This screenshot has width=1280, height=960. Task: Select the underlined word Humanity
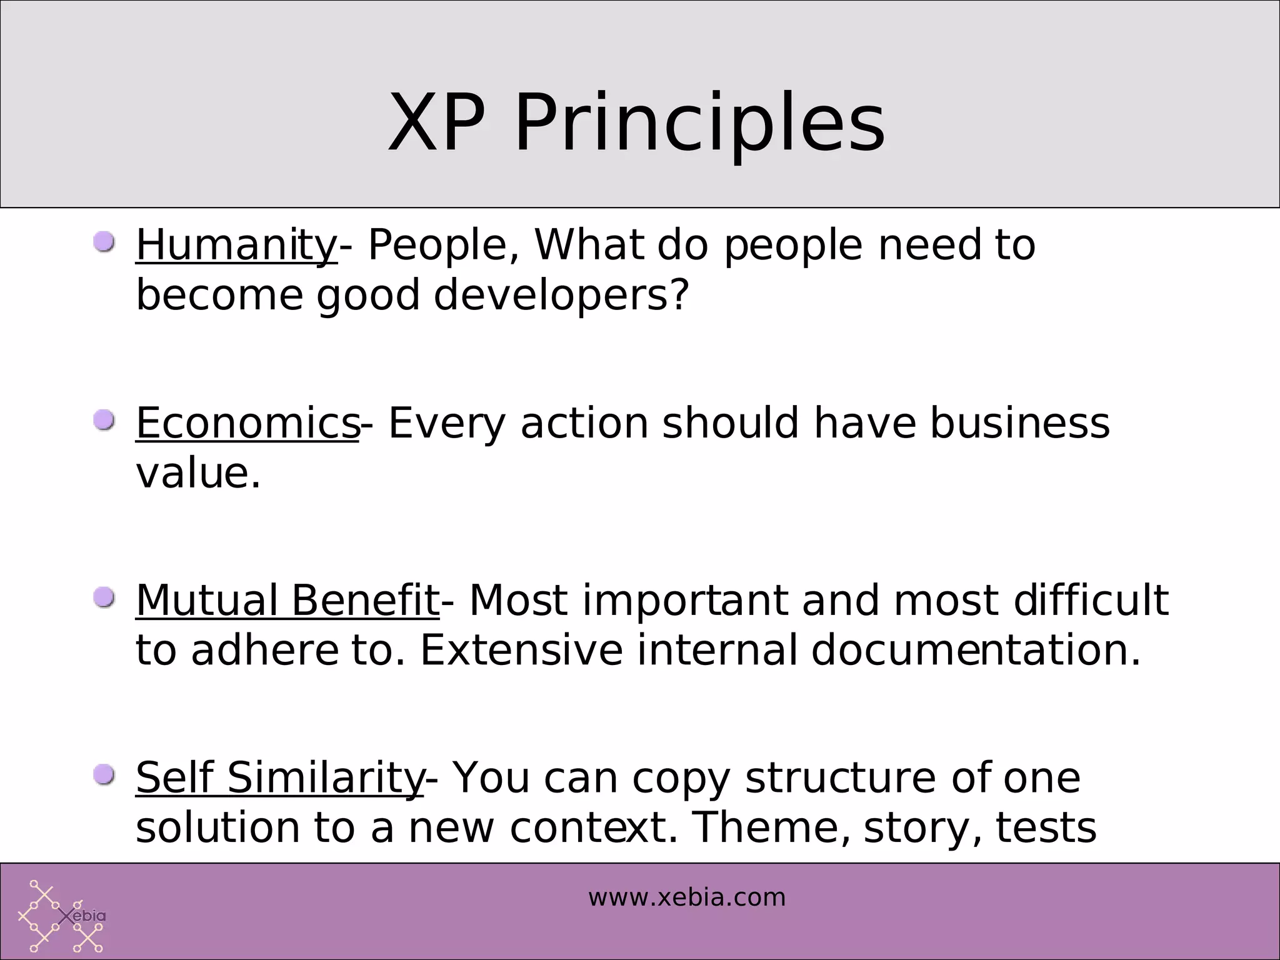[236, 245]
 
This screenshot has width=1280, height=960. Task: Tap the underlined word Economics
[247, 423]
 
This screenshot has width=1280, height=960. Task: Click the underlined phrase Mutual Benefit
[287, 601]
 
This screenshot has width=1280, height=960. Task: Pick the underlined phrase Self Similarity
[280, 778]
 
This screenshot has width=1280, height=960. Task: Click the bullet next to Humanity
[104, 242]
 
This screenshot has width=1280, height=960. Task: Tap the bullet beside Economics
[104, 420]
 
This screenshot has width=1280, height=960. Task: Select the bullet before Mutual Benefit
[104, 597]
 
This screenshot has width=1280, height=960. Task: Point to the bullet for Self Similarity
[104, 776]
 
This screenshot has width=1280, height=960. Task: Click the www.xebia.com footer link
[686, 897]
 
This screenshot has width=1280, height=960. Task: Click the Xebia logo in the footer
[61, 916]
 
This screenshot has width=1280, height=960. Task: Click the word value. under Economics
[198, 473]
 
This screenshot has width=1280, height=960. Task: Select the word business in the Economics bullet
[1019, 423]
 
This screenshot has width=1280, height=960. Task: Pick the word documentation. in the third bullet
[976, 651]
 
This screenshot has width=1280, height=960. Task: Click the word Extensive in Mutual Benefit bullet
[521, 651]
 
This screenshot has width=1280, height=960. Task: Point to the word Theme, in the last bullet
[772, 828]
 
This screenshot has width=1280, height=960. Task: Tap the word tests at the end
[1045, 828]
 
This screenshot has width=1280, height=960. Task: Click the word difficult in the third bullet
[1090, 601]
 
